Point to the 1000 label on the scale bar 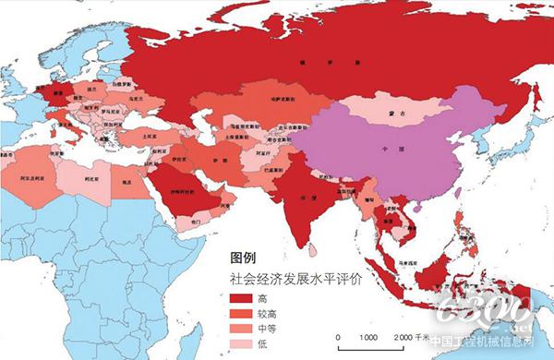tap(368, 337)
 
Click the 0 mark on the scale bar tap(338, 337)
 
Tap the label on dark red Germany tap(61, 93)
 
